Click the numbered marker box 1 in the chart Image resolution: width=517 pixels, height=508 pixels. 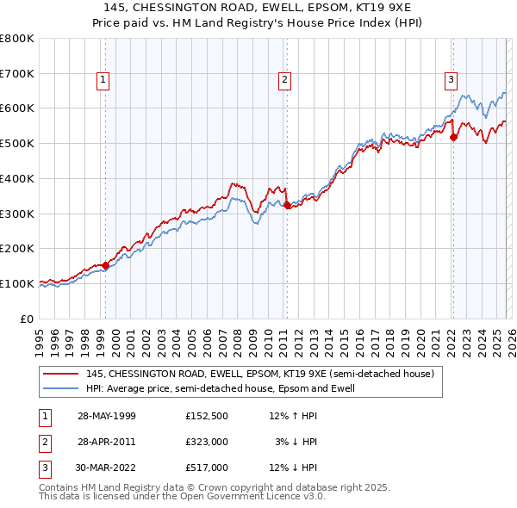click(103, 80)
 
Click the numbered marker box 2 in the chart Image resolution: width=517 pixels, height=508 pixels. click(283, 80)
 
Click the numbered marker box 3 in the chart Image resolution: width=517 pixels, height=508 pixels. click(450, 80)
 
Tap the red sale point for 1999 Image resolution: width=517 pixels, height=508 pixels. click(106, 265)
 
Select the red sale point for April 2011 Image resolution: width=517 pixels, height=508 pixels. click(287, 205)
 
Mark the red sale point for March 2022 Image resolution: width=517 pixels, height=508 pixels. click(453, 136)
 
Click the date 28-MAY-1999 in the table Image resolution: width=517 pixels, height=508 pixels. click(107, 416)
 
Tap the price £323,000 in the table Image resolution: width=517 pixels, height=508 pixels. click(207, 442)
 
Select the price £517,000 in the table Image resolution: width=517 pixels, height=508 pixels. click(207, 468)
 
